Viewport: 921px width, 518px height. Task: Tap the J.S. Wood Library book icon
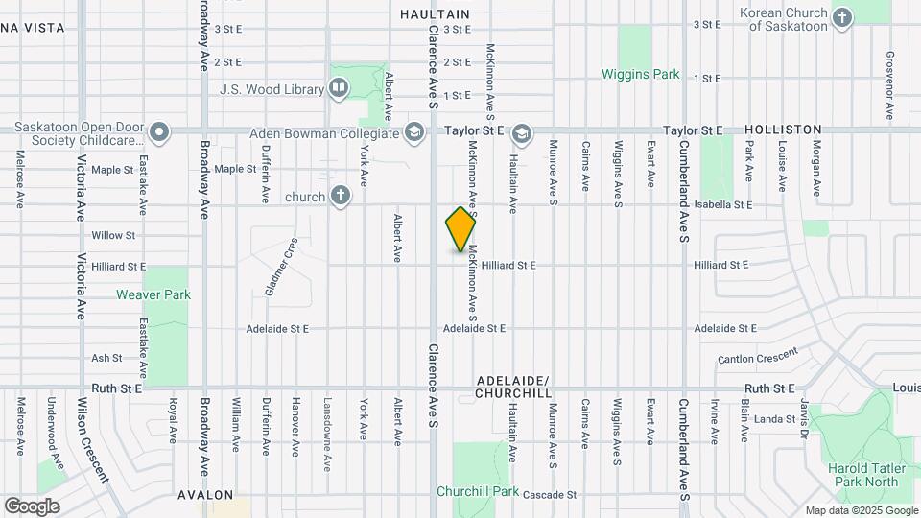coord(338,89)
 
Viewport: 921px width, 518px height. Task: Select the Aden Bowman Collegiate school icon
coord(414,131)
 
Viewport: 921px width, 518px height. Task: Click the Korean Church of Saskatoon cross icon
coord(841,17)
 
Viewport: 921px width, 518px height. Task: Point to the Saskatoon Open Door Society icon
coord(159,132)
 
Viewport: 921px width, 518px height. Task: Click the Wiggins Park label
coord(640,74)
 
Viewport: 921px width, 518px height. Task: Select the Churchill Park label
coord(477,492)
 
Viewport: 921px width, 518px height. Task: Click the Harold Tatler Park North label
coord(867,474)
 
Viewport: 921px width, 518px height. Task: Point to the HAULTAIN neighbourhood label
coord(435,14)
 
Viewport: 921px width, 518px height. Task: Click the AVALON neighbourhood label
coord(205,495)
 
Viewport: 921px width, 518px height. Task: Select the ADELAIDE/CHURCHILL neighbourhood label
coord(513,387)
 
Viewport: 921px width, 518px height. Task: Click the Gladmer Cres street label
coord(282,267)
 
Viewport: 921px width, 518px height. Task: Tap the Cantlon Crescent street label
coord(757,357)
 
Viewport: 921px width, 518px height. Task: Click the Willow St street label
coord(113,235)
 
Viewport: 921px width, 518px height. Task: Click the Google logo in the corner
coord(31,506)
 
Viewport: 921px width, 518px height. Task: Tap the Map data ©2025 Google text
coord(861,510)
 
